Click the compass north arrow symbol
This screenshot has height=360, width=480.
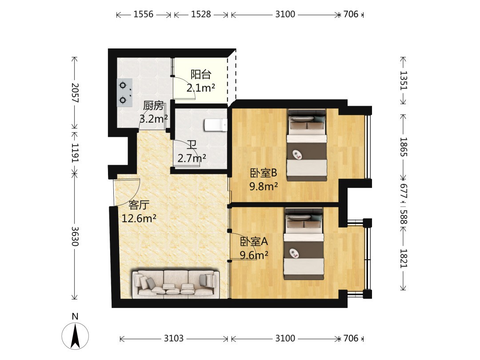tap(75, 336)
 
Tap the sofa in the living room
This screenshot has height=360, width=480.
tap(175, 284)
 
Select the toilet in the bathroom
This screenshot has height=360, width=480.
tap(216, 125)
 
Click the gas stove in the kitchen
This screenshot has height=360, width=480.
tap(124, 92)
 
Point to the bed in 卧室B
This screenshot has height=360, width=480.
tap(307, 145)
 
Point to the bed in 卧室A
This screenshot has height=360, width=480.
tap(304, 244)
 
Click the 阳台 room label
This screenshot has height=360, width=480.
tap(201, 74)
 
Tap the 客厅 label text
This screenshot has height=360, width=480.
tap(139, 205)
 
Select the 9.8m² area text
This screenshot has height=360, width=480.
tap(264, 186)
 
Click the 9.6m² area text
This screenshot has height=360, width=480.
tap(254, 255)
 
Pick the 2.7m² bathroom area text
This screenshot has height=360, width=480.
tap(192, 158)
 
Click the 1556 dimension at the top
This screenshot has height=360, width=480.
tap(143, 14)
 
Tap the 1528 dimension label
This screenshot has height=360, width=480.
tap(201, 14)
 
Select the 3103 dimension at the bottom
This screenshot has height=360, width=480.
tap(174, 338)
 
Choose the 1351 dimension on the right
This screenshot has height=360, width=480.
tap(404, 80)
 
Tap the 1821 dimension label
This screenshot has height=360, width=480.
tap(404, 258)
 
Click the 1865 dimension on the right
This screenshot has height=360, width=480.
tap(404, 147)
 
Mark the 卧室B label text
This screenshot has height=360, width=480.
tap(264, 173)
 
